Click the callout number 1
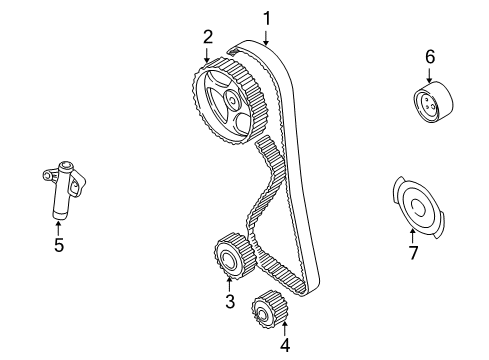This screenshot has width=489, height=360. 267,17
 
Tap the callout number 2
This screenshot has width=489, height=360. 208,37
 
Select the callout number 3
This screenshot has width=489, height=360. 229,301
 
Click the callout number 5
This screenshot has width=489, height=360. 58,243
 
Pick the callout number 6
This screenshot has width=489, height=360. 429,57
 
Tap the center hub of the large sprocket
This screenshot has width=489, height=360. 231,100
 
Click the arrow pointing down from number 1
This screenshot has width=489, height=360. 267,36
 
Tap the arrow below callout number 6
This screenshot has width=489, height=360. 429,76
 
